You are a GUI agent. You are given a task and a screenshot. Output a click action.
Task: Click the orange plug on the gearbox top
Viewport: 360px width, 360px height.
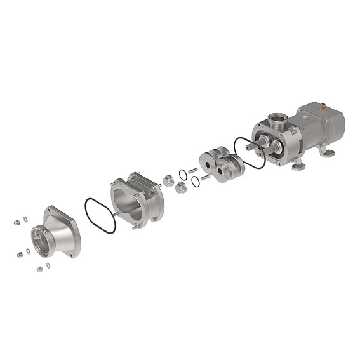tap(323, 108)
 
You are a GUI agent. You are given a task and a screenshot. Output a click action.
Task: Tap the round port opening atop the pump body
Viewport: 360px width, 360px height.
tap(277, 117)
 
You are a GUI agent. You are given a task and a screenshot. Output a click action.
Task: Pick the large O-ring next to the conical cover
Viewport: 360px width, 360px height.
tap(100, 215)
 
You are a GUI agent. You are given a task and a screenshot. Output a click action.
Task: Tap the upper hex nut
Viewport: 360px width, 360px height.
tap(168, 180)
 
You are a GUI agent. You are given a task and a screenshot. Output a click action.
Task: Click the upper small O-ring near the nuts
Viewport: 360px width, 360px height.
tap(183, 174)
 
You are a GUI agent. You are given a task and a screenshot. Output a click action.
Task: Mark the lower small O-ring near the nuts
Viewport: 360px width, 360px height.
tap(196, 182)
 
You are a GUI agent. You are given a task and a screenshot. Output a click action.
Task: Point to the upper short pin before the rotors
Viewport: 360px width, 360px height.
tap(193, 170)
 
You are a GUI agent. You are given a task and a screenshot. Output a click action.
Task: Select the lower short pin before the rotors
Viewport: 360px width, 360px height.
tap(205, 178)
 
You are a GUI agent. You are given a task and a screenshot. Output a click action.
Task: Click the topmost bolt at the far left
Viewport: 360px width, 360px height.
tap(17, 222)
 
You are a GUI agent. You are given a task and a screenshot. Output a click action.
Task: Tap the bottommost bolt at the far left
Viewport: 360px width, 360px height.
tap(39, 269)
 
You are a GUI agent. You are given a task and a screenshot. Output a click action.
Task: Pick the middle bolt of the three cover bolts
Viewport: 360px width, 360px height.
tap(19, 254)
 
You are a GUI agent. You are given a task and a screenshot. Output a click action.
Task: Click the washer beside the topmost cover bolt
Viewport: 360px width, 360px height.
tap(25, 219)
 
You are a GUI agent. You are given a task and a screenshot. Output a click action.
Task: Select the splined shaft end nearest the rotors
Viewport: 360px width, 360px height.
tap(252, 147)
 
